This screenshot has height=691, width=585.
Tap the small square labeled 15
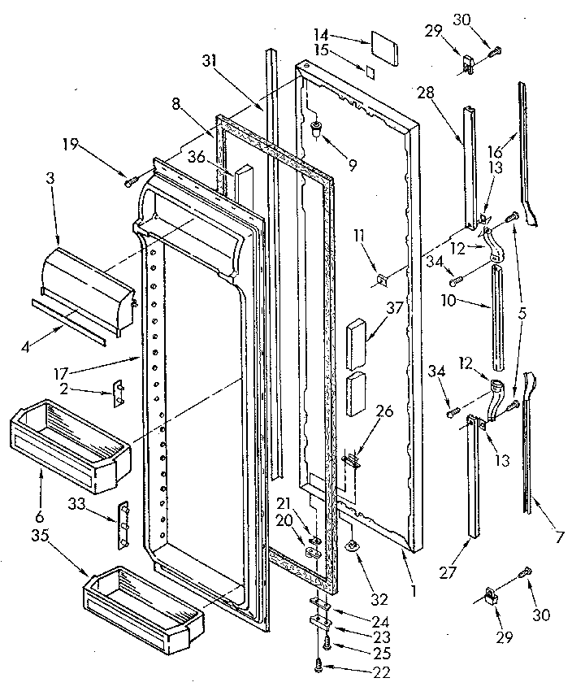370,72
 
